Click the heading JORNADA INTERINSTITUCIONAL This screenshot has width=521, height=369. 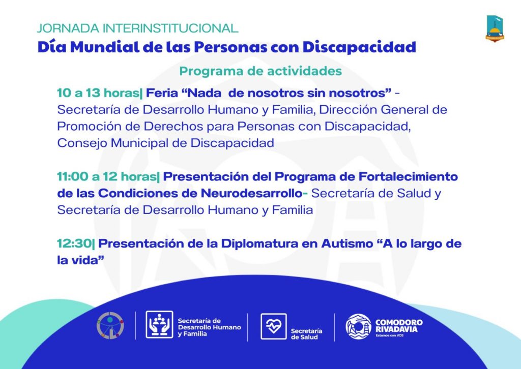click(137, 28)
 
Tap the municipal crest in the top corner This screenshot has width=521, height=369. click(495, 28)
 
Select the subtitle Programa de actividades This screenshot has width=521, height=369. click(260, 71)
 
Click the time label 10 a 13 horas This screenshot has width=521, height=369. click(99, 93)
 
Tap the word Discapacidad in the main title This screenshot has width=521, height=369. click(359, 47)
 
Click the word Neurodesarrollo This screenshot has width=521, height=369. click(251, 193)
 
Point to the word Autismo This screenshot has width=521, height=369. click(347, 243)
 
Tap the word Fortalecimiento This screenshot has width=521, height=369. click(409, 176)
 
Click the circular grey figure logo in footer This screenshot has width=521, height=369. click(110, 325)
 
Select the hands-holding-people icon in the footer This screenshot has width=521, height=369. click(159, 325)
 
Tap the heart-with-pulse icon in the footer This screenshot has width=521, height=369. click(273, 326)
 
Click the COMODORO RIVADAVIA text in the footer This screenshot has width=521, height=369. click(399, 326)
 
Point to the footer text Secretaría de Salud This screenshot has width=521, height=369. click(306, 334)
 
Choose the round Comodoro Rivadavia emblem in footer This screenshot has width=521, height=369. click(358, 326)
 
